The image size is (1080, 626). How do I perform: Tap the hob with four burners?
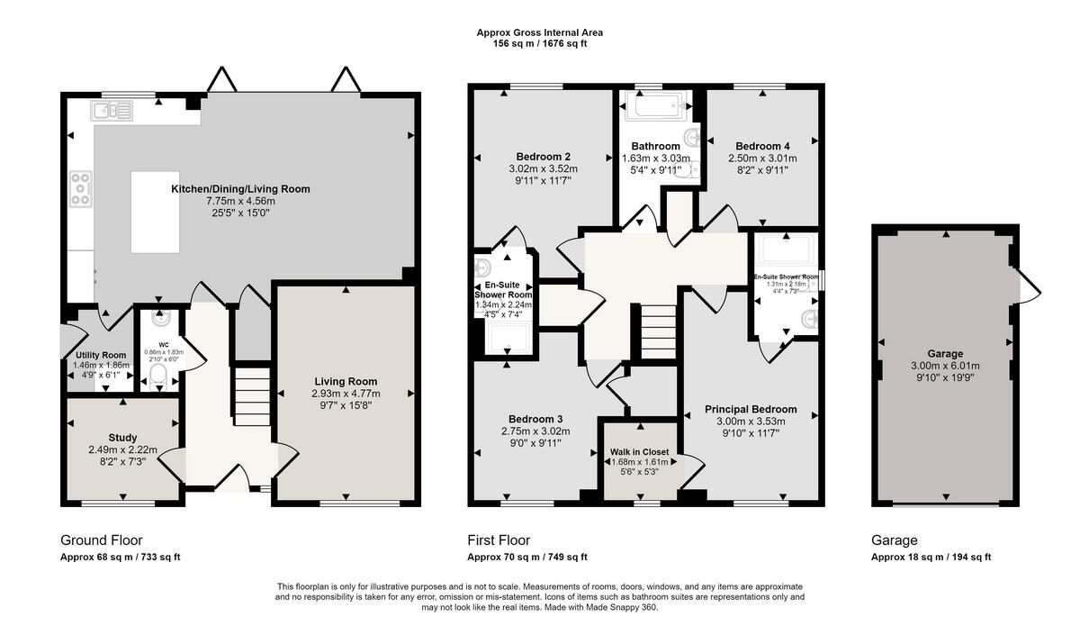pyautogui.click(x=81, y=190)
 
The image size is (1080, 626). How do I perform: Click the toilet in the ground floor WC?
pyautogui.click(x=158, y=375)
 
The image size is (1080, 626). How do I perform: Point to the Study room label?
pyautogui.click(x=122, y=438)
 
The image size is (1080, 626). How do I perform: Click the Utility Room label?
pyautogui.click(x=100, y=355)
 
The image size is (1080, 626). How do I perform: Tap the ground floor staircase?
pyautogui.click(x=252, y=392)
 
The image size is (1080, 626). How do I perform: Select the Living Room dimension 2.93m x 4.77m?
pyautogui.click(x=346, y=394)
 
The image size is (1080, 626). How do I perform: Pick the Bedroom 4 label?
pyautogui.click(x=762, y=146)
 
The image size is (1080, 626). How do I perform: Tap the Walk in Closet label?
pyautogui.click(x=641, y=450)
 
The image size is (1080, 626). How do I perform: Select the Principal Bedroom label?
pyautogui.click(x=751, y=409)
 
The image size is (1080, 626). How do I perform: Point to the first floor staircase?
pyautogui.click(x=658, y=330)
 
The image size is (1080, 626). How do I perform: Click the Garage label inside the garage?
pyautogui.click(x=945, y=354)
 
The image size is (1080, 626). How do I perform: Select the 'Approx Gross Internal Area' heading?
pyautogui.click(x=539, y=32)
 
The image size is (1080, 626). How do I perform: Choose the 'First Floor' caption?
pyautogui.click(x=499, y=540)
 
